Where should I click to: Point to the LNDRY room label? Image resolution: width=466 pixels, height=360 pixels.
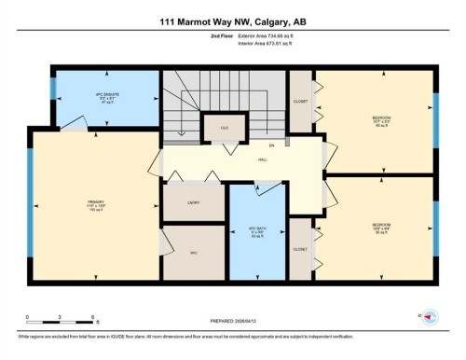pos(193,201)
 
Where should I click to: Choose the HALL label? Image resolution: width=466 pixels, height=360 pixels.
pos(263,159)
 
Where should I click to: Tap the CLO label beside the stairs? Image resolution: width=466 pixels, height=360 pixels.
pos(225,126)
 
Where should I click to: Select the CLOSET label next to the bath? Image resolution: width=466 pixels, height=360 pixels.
pos(300,249)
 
